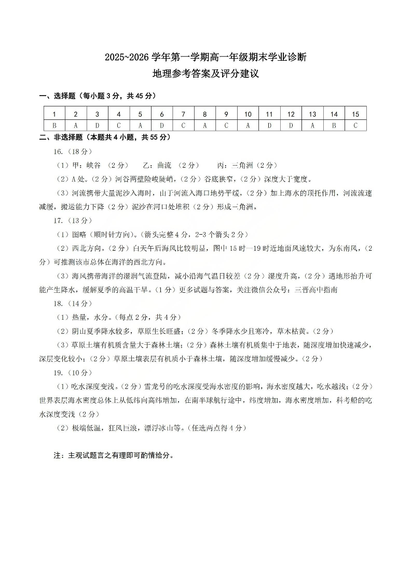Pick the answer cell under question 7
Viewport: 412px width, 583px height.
click(183, 125)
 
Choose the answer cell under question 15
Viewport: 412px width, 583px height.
click(355, 125)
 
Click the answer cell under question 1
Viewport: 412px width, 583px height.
click(54, 125)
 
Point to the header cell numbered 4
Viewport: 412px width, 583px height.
click(119, 114)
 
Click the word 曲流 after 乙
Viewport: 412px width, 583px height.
click(163, 165)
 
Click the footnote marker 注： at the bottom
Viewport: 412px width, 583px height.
click(60, 456)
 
